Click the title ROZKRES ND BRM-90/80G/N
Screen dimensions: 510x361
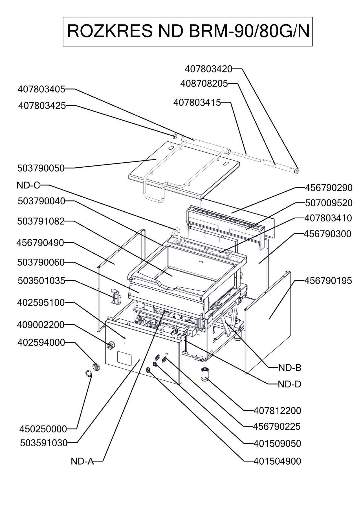188,31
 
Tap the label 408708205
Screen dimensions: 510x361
204,84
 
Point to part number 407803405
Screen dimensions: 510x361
41,89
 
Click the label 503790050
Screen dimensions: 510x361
41,168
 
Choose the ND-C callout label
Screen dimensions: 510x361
28,185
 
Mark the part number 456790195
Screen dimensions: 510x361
328,281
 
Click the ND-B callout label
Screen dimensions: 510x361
290,368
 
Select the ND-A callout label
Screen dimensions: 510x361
82,461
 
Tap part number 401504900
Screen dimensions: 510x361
277,461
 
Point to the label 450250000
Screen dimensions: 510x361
43,429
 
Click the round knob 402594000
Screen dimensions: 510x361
96,367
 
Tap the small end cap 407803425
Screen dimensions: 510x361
175,136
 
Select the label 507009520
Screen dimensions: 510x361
329,203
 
